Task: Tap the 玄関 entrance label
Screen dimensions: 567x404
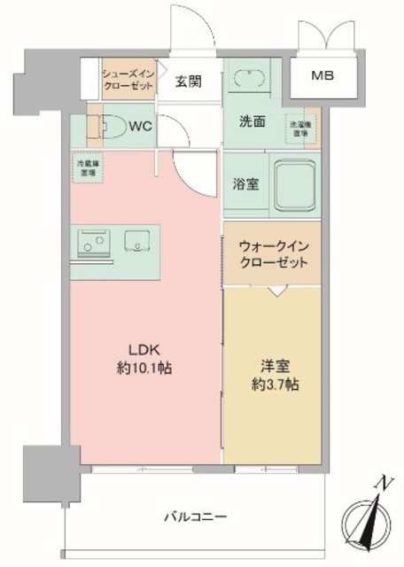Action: click(x=187, y=82)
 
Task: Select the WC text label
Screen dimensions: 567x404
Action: click(x=140, y=125)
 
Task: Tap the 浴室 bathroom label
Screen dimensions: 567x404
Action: click(x=246, y=184)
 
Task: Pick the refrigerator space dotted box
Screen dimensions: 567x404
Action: click(x=86, y=167)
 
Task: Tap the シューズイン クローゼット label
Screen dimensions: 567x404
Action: click(x=130, y=78)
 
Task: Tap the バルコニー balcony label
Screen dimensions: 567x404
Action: click(x=196, y=516)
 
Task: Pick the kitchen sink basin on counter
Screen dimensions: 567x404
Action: click(x=136, y=240)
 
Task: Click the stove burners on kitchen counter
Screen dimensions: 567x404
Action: click(x=93, y=239)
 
